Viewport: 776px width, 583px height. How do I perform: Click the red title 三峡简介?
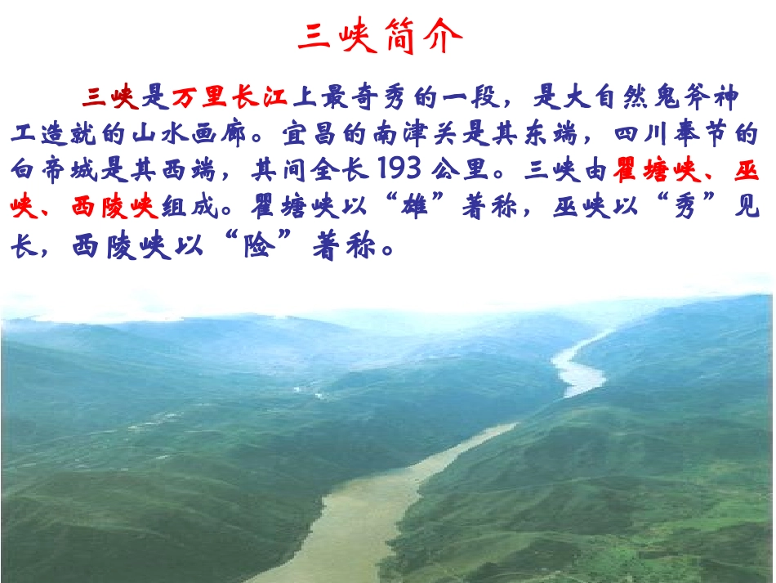380,37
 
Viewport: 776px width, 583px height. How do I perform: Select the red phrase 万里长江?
230,97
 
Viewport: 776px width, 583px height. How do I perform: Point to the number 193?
399,169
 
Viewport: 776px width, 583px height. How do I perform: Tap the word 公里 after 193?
470,170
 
